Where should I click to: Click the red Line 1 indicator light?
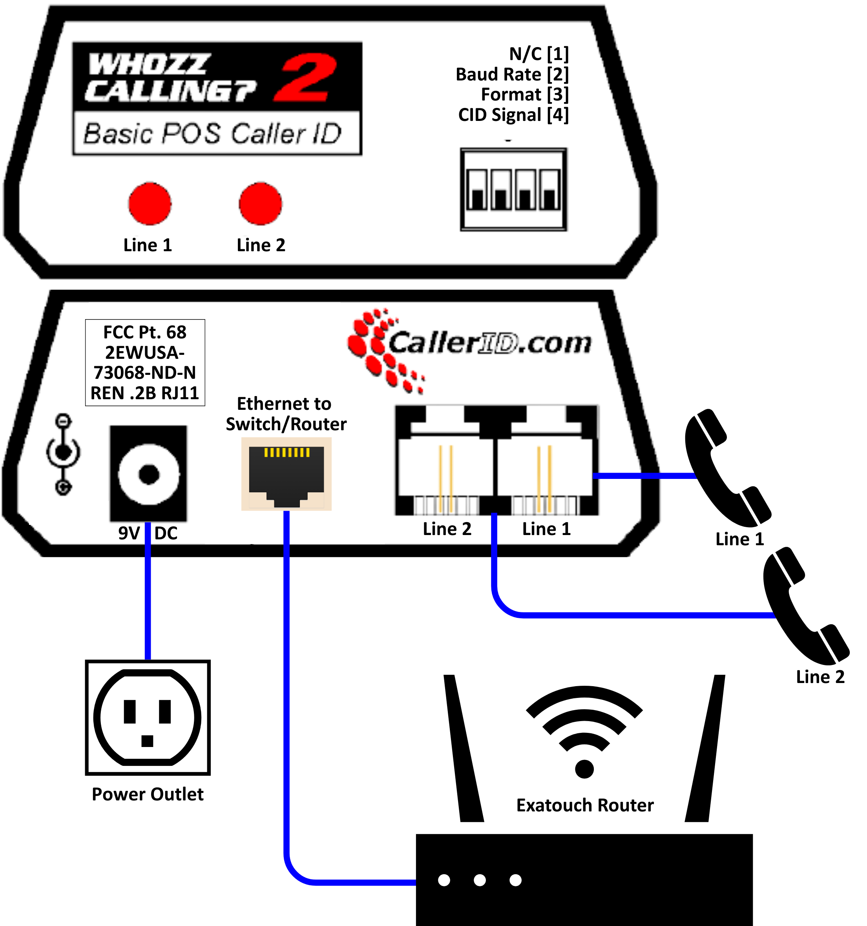point(150,204)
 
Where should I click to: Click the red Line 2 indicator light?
point(260,204)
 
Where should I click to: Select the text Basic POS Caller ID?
point(212,134)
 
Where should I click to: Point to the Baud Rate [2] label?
point(512,75)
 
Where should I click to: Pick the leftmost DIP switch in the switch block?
point(477,190)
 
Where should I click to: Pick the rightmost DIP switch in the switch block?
point(550,190)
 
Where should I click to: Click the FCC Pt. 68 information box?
point(145,362)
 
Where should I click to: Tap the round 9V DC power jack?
point(148,474)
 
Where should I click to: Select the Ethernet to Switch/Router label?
point(285,414)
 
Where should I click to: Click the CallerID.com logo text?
point(489,343)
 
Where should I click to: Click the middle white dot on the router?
point(480,880)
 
